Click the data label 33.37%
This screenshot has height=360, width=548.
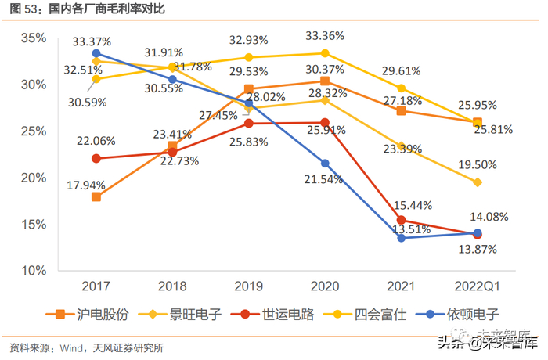coord(92,41)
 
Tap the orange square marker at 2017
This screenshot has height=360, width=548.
coord(96,196)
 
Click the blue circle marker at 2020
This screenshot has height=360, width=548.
coord(325,163)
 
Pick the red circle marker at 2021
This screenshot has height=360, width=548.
coord(402,220)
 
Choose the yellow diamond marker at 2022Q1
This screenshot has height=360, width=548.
coord(478,182)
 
